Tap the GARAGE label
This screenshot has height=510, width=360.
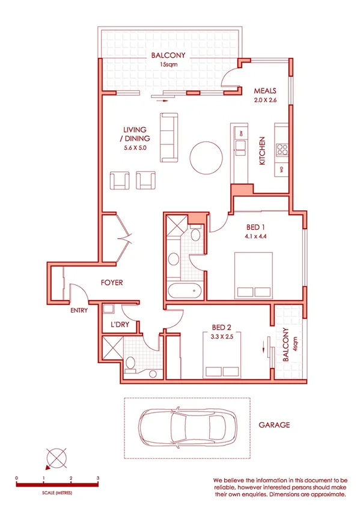(x=275, y=425)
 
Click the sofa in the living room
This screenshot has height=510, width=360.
(x=169, y=138)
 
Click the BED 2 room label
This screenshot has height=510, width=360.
(x=221, y=327)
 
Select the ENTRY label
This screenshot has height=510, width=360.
(x=79, y=311)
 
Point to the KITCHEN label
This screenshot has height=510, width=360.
(x=262, y=151)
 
